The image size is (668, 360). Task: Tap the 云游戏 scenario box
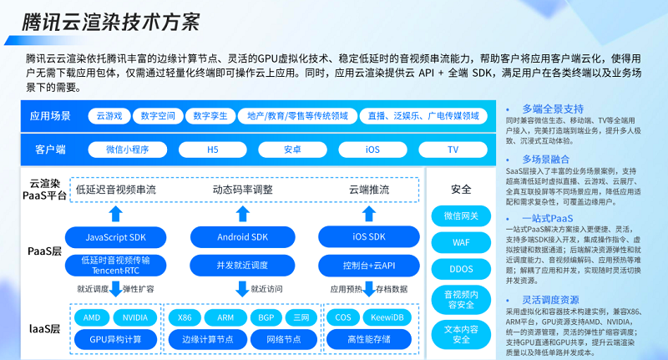click(109, 116)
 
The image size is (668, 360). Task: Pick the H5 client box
click(212, 150)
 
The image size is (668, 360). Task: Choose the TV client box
click(453, 150)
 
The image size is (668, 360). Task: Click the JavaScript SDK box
click(116, 238)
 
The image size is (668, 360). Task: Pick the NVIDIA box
click(136, 317)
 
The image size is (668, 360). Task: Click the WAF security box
click(461, 242)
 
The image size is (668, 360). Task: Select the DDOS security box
click(461, 269)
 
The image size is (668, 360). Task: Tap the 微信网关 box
click(461, 215)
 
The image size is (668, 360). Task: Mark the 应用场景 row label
click(50, 116)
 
